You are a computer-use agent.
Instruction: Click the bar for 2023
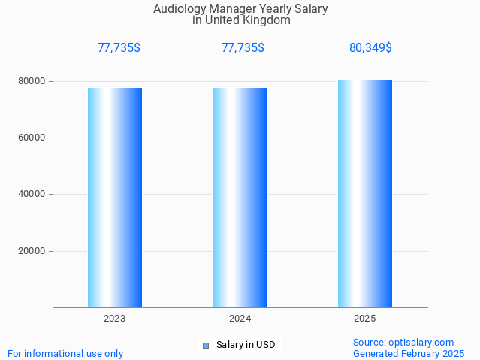(115, 198)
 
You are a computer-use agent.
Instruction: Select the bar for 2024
(240, 198)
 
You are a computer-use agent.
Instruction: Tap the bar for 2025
(365, 194)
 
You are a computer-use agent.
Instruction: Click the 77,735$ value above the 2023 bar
(119, 48)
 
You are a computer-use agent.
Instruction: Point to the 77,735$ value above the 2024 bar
(243, 48)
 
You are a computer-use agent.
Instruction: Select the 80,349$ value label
(370, 48)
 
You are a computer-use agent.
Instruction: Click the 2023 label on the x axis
(115, 319)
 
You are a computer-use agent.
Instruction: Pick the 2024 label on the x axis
(240, 319)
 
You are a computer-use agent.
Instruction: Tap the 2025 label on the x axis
(365, 319)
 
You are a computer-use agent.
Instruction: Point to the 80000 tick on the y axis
(33, 81)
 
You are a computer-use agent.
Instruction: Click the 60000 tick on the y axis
(33, 138)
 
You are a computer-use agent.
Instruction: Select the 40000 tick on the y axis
(33, 195)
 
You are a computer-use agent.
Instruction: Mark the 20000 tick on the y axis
(33, 251)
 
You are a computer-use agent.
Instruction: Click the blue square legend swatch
(206, 346)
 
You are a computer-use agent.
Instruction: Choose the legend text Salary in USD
(246, 346)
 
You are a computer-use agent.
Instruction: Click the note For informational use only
(65, 353)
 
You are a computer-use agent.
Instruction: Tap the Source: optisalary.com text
(403, 343)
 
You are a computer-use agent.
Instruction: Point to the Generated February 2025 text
(409, 353)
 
